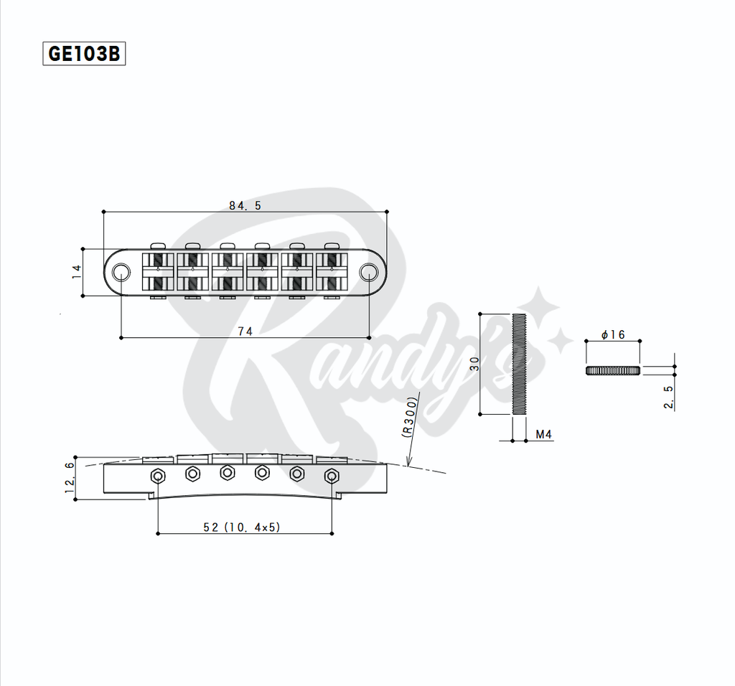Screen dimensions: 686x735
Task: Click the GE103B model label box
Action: click(84, 54)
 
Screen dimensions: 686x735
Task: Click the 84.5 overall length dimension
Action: click(245, 205)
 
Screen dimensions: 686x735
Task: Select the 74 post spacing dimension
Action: click(245, 331)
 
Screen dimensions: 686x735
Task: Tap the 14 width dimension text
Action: click(77, 271)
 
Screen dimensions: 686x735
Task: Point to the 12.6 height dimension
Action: click(70, 477)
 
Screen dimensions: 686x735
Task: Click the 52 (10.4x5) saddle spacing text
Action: click(242, 527)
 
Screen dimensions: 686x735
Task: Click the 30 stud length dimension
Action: click(474, 364)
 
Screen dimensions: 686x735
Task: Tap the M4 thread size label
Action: click(543, 435)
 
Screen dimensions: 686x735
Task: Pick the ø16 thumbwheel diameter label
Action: click(613, 335)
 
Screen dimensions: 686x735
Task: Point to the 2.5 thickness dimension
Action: click(668, 397)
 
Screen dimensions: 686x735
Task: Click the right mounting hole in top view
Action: click(369, 271)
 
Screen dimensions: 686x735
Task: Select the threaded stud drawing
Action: click(520, 364)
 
